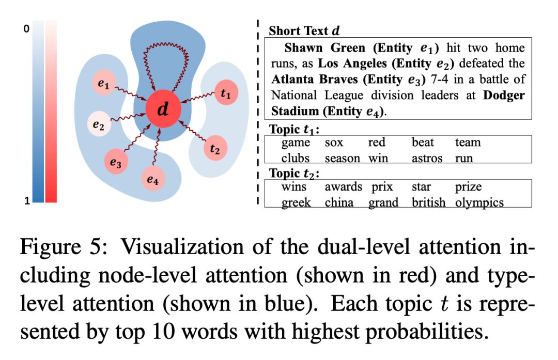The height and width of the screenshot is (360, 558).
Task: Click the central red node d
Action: click(x=163, y=110)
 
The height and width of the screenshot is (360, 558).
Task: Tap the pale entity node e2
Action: click(x=99, y=124)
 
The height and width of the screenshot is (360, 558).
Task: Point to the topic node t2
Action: click(x=215, y=148)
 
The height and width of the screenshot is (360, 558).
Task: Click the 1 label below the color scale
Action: click(x=26, y=202)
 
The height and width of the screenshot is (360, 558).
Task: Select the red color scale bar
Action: click(x=52, y=112)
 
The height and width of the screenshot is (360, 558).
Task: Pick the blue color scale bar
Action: click(x=38, y=112)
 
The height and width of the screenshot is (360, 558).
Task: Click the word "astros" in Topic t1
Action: click(x=427, y=158)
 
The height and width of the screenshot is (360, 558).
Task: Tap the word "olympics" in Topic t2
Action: click(x=479, y=202)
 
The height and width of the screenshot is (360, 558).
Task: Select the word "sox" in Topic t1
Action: click(x=334, y=143)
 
